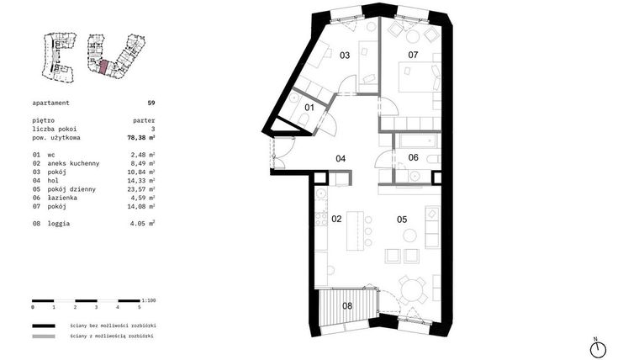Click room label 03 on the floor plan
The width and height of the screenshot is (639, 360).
tap(345, 56)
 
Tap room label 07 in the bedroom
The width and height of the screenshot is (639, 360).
tap(413, 56)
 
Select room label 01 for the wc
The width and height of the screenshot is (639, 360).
tap(309, 108)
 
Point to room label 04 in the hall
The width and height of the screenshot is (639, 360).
tap(341, 158)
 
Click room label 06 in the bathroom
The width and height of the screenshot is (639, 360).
tap(413, 158)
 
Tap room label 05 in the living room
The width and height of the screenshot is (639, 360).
tap(402, 220)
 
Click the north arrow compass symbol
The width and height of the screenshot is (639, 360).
tap(597, 347)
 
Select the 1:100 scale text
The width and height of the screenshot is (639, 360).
tap(149, 300)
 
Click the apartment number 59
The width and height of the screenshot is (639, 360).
tap(151, 102)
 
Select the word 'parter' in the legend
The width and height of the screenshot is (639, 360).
tap(144, 120)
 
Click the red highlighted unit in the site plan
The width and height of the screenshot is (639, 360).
tap(103, 68)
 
